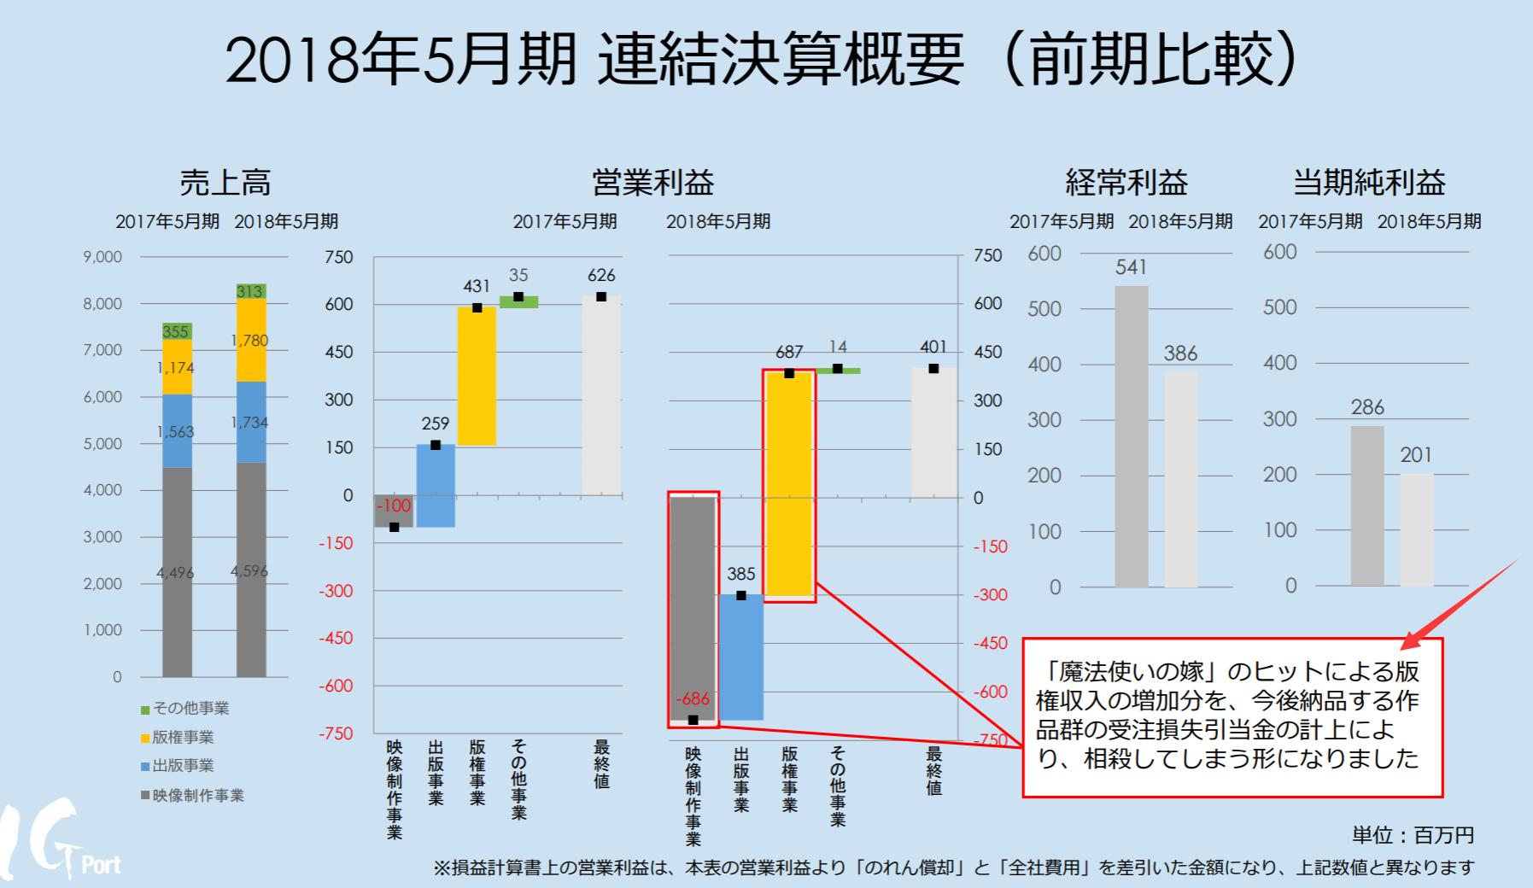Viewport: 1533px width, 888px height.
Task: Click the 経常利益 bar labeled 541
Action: (x=1131, y=435)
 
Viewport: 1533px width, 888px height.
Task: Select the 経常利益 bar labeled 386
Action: (x=1180, y=478)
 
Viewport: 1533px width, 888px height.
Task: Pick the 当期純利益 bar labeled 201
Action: (x=1416, y=529)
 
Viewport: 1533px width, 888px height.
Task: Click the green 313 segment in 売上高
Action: (x=251, y=291)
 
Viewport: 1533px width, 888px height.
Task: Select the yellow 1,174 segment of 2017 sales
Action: (x=177, y=367)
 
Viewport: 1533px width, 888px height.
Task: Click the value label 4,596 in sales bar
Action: (x=249, y=571)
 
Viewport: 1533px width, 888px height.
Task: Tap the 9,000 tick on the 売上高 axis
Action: (x=102, y=256)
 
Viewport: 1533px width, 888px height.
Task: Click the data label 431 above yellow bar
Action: (x=477, y=287)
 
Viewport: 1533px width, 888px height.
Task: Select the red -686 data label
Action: (x=692, y=699)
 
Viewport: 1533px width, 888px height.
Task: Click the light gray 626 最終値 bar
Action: (x=601, y=397)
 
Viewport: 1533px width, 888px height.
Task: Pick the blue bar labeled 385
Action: (x=740, y=657)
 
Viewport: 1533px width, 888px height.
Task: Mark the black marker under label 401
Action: (x=933, y=369)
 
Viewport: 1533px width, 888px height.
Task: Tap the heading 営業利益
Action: (x=652, y=183)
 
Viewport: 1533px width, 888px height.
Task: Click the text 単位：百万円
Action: (x=1413, y=835)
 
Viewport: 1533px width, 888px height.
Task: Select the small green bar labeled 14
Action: (x=838, y=371)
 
